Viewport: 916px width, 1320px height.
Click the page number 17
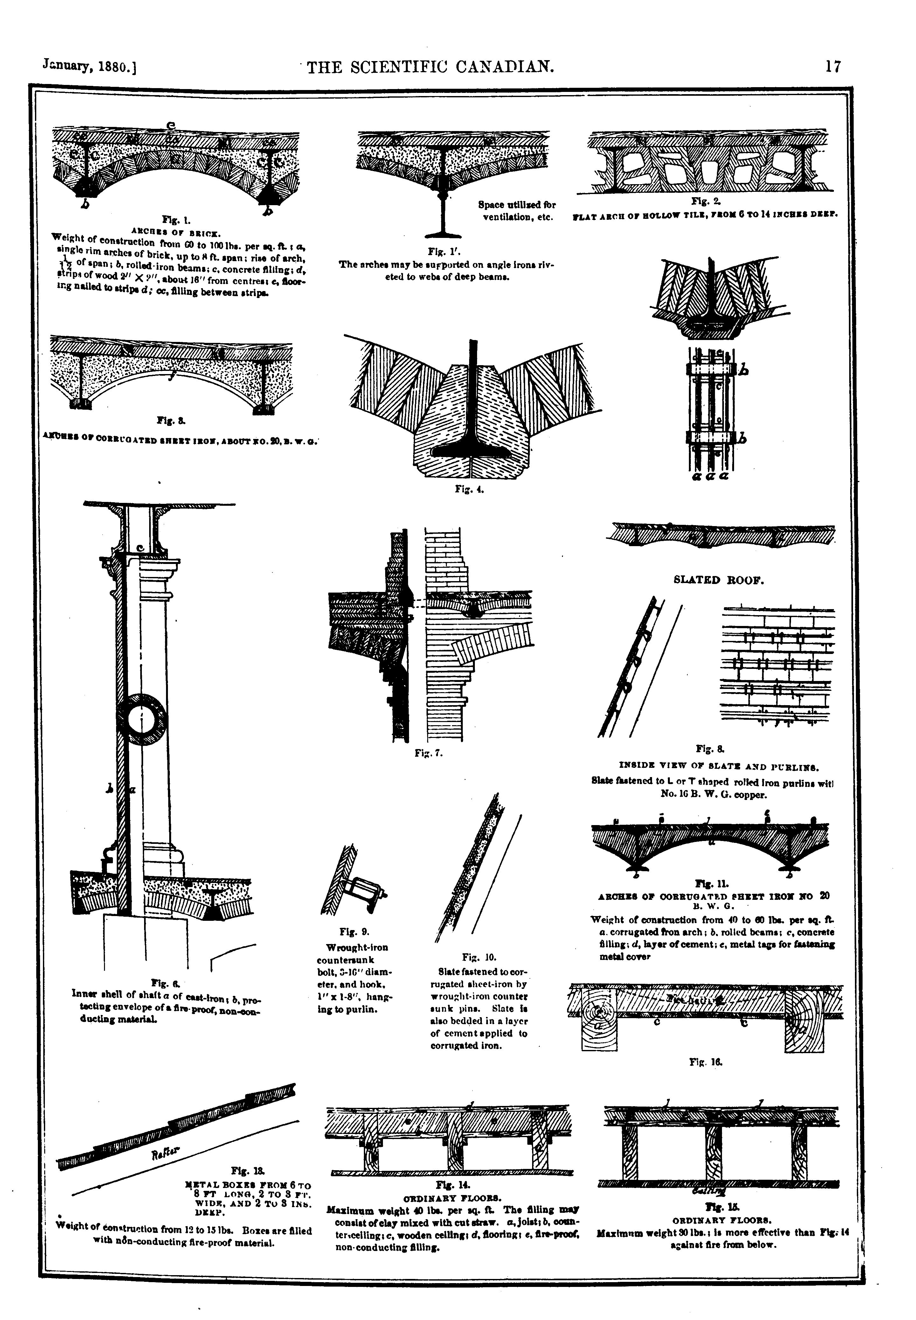point(833,66)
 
